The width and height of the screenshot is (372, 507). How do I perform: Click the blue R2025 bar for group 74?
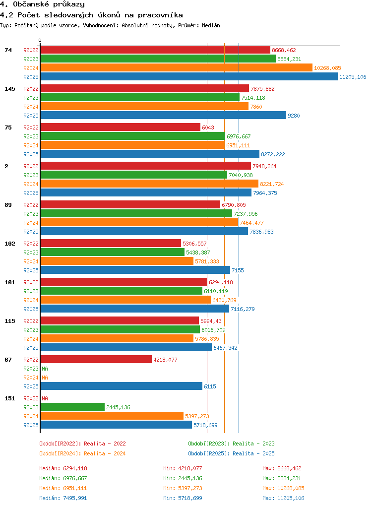[x=189, y=76]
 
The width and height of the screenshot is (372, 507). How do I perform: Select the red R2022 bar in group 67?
[x=96, y=359]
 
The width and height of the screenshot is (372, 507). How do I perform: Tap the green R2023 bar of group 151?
[x=72, y=407]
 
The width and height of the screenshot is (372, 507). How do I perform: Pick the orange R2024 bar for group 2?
[x=149, y=184]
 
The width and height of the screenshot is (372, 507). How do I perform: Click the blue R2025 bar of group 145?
[x=163, y=116]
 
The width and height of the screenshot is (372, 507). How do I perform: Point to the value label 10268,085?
[x=327, y=68]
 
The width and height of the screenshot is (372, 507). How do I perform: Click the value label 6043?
[x=208, y=127]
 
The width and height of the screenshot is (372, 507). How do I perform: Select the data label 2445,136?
[x=118, y=407]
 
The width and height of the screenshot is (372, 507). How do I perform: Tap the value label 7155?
[x=238, y=270]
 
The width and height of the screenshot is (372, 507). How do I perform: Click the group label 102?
[x=10, y=244]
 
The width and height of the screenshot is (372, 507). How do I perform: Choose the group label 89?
[x=8, y=205]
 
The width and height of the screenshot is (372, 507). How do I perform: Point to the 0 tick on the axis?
[x=40, y=40]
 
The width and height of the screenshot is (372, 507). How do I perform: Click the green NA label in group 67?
[x=45, y=368]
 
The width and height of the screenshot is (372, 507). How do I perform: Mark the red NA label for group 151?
[x=45, y=398]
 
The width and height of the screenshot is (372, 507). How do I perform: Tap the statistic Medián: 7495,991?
[x=63, y=498]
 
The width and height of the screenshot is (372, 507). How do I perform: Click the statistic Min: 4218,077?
[x=183, y=468]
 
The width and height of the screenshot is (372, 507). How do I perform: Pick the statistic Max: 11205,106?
[x=283, y=498]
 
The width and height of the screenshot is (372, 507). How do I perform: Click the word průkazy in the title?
[x=69, y=4]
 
